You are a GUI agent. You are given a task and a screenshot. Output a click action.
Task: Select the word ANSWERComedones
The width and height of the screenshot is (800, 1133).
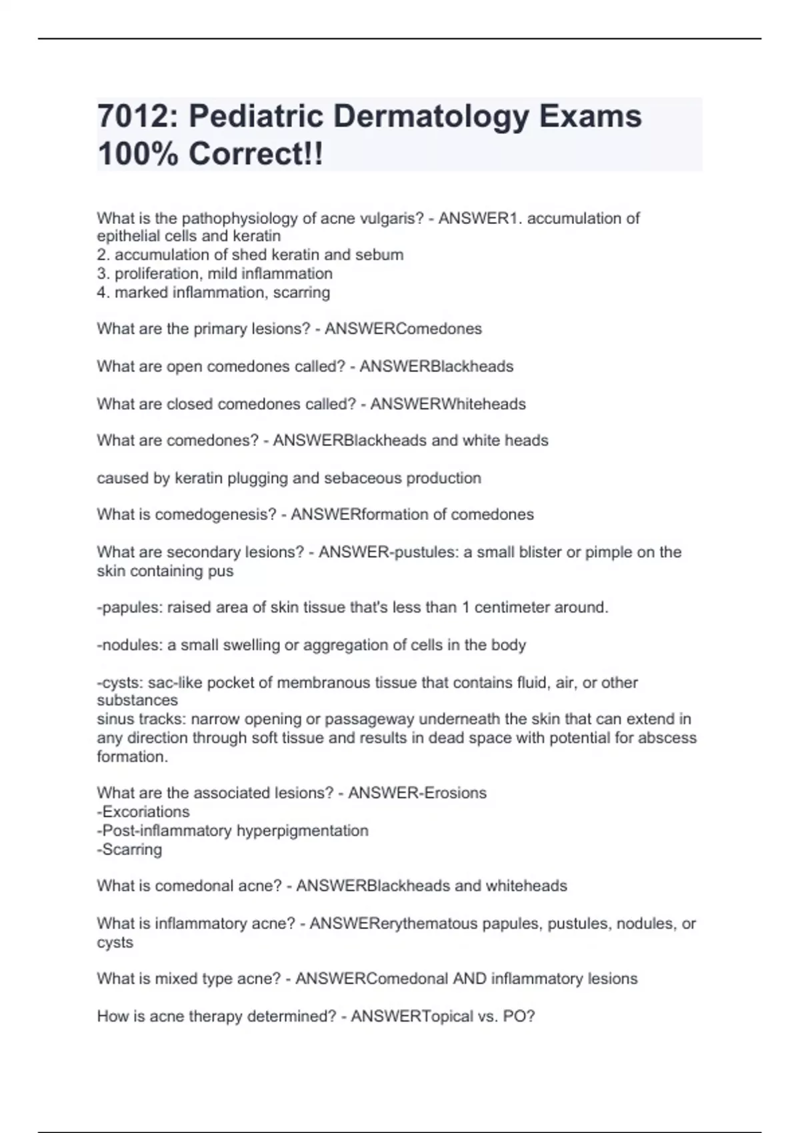[403, 329]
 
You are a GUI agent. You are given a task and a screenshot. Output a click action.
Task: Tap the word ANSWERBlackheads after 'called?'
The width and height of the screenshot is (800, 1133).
[437, 366]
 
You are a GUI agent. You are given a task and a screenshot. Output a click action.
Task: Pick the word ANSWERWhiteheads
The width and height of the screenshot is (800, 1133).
[448, 404]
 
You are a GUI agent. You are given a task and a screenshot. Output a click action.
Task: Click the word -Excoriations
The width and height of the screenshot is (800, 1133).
[143, 812]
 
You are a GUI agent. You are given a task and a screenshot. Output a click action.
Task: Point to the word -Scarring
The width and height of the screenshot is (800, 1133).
[129, 849]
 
